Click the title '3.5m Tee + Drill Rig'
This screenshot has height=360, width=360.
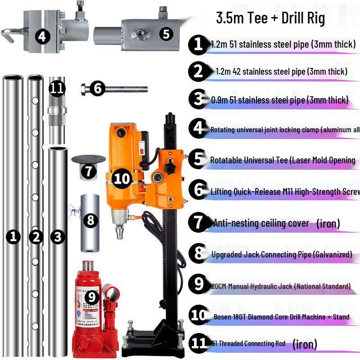[x=270, y=18]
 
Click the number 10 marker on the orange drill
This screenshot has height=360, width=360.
[x=121, y=179]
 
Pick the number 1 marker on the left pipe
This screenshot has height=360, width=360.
[x=14, y=237]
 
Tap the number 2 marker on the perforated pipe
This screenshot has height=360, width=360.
[x=35, y=237]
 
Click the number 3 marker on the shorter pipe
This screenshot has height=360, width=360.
[x=57, y=237]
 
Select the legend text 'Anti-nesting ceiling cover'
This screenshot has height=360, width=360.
[x=261, y=223]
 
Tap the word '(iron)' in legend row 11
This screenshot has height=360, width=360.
[x=305, y=345]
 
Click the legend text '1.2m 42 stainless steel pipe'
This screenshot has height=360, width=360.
[x=281, y=72]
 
